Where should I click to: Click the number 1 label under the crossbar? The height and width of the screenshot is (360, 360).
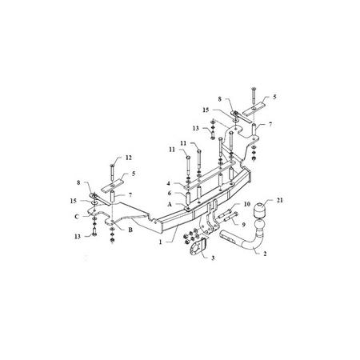click(160, 242)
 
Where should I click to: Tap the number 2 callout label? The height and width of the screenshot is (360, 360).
click(265, 254)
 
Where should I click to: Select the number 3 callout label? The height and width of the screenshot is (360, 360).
click(213, 258)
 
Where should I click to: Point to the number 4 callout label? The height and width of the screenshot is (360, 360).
click(169, 183)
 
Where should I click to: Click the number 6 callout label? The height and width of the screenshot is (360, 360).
click(170, 193)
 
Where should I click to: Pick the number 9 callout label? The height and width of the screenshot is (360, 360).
click(243, 225)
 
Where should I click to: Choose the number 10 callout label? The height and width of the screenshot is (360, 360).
click(247, 204)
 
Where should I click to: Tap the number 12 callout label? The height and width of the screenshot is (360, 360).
click(129, 158)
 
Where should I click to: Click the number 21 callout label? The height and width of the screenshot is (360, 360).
click(279, 200)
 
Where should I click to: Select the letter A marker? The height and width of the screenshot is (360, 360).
click(170, 204)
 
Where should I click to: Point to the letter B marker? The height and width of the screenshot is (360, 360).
click(130, 230)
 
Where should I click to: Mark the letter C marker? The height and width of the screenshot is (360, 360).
click(77, 217)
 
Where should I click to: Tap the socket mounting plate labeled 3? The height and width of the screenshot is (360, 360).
click(198, 247)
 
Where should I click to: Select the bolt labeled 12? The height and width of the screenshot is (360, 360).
click(111, 173)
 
